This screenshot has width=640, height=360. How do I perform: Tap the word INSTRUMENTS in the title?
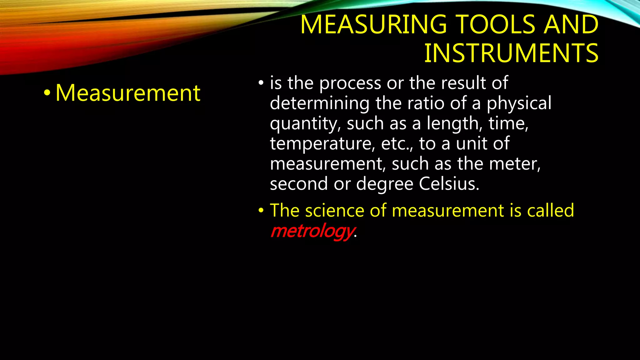coord(511,53)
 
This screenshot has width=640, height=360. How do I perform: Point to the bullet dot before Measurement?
coord(47,93)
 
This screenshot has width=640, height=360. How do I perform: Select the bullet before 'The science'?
coord(261,211)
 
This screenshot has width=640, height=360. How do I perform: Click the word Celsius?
coord(449,184)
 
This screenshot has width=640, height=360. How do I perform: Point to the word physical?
coord(519,103)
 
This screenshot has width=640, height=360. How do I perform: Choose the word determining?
coord(319,103)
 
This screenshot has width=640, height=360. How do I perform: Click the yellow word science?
coord(335,211)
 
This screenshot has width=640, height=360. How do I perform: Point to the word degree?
coord(385,184)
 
